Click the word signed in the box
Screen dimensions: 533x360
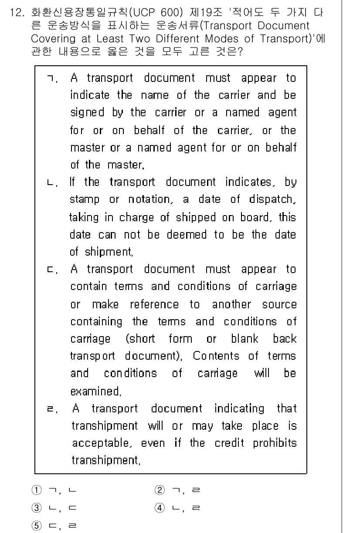(x=87, y=113)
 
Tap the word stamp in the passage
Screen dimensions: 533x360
(x=84, y=200)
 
